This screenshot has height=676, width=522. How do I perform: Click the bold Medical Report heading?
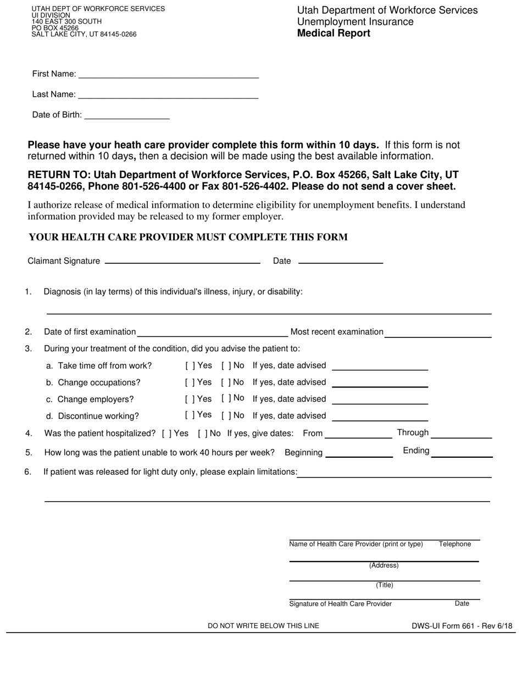334,34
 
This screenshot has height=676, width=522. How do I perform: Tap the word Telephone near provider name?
455,544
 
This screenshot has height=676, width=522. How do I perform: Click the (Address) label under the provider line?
384,566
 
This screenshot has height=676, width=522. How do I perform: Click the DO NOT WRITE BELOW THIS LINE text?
263,626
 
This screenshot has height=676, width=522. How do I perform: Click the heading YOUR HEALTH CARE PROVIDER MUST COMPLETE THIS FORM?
188,237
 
